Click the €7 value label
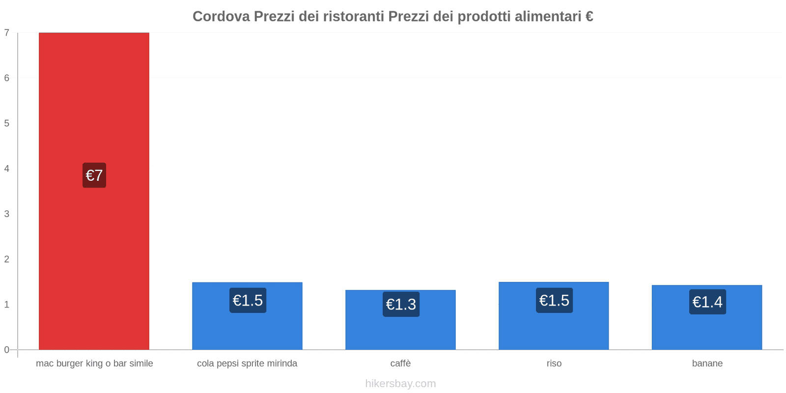point(94,175)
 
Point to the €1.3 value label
point(401,305)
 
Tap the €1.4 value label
point(707,302)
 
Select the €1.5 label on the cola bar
point(248,300)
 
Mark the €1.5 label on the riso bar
point(554,300)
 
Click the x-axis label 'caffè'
point(400,364)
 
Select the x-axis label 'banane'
point(707,364)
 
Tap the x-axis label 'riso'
point(554,364)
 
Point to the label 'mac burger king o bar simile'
point(94,364)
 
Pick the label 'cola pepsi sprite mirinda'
point(247,364)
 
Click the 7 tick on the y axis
point(7,33)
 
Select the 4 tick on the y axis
point(7,168)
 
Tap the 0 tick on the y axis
point(7,350)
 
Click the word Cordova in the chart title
point(221,17)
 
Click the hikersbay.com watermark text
point(400,384)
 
